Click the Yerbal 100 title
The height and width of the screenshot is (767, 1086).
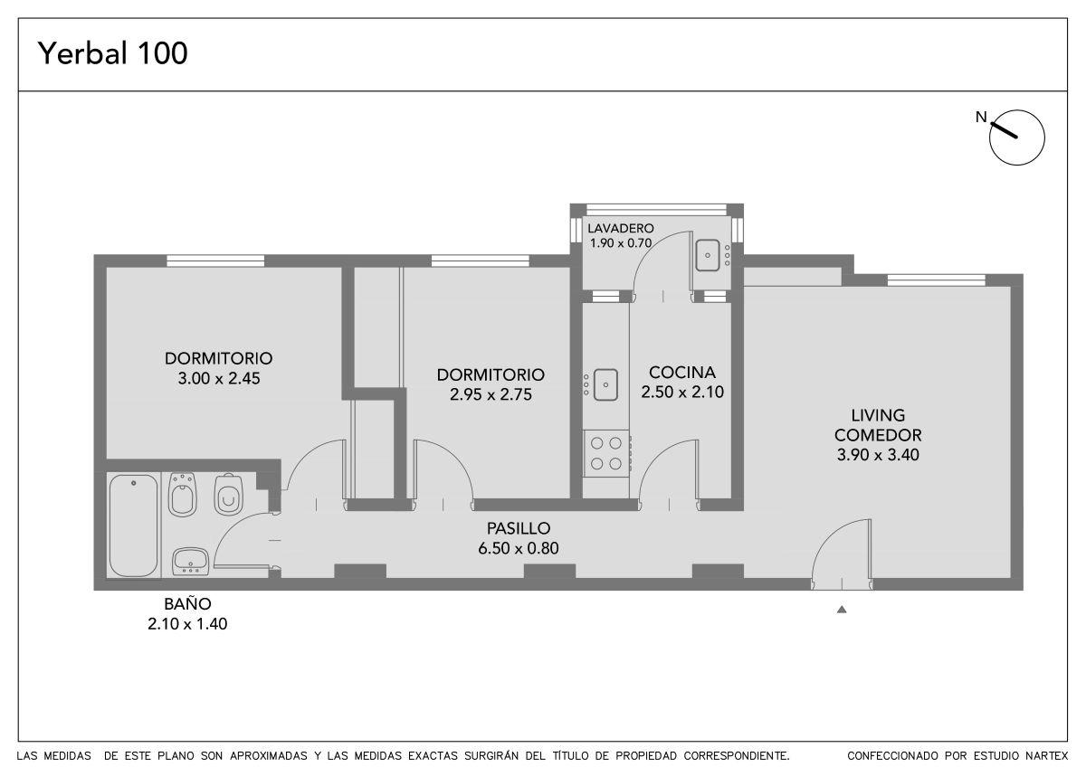tap(112, 53)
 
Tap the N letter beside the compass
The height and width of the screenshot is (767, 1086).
tap(981, 118)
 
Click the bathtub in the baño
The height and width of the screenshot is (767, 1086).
tap(133, 526)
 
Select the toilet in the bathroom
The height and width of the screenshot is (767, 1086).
tap(228, 494)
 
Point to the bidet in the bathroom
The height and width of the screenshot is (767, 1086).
tap(182, 495)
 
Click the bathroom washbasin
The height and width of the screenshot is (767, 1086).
tap(191, 562)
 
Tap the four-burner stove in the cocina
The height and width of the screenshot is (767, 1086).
tap(606, 453)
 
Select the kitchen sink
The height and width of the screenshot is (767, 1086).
tap(605, 384)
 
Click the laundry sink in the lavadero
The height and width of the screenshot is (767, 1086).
tap(708, 255)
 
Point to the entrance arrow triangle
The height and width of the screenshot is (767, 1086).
tap(842, 610)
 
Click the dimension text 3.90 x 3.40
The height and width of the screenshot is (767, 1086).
tap(878, 454)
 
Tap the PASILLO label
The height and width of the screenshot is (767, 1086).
tap(519, 527)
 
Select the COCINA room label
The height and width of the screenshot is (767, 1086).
tap(682, 372)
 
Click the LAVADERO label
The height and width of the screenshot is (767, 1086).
tap(621, 228)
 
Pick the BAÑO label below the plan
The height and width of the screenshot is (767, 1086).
tap(187, 603)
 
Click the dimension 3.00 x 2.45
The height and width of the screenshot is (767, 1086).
tap(219, 378)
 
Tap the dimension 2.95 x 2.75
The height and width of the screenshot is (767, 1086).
tap(491, 394)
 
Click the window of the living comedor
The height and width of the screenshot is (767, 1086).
tap(936, 280)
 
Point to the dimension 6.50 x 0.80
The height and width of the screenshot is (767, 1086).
tap(519, 548)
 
